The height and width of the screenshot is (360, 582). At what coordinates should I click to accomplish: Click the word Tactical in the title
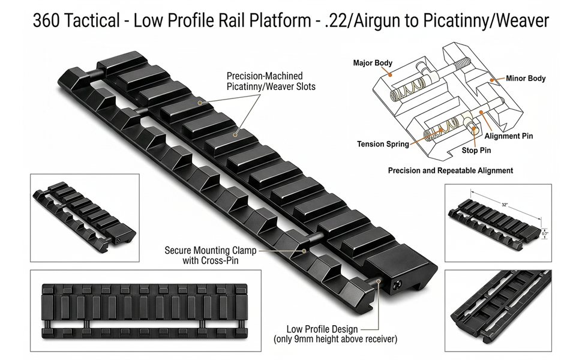point(92,21)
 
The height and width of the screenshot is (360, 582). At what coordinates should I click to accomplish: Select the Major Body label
point(373,63)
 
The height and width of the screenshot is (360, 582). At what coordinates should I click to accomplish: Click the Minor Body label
point(526,79)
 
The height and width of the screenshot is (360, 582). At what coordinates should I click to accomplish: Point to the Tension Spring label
point(383,144)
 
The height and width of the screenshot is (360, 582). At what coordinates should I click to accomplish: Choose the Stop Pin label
point(476,151)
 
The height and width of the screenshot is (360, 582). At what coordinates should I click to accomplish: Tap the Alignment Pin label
point(509,136)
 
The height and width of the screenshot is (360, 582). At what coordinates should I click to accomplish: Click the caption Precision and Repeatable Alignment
point(451,171)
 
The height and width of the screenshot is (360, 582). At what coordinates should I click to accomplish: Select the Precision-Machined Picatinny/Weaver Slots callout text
point(271,81)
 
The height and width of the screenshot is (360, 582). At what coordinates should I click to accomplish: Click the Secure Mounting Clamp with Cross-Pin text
point(211,256)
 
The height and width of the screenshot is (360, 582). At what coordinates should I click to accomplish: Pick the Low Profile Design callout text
point(322,329)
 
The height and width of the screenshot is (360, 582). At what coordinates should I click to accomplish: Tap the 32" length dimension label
point(505,205)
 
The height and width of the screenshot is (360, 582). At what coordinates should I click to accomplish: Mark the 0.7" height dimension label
point(545,234)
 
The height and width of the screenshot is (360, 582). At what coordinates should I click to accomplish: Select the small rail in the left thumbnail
point(85,217)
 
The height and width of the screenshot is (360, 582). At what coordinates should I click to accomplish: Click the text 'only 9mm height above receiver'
point(335,339)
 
